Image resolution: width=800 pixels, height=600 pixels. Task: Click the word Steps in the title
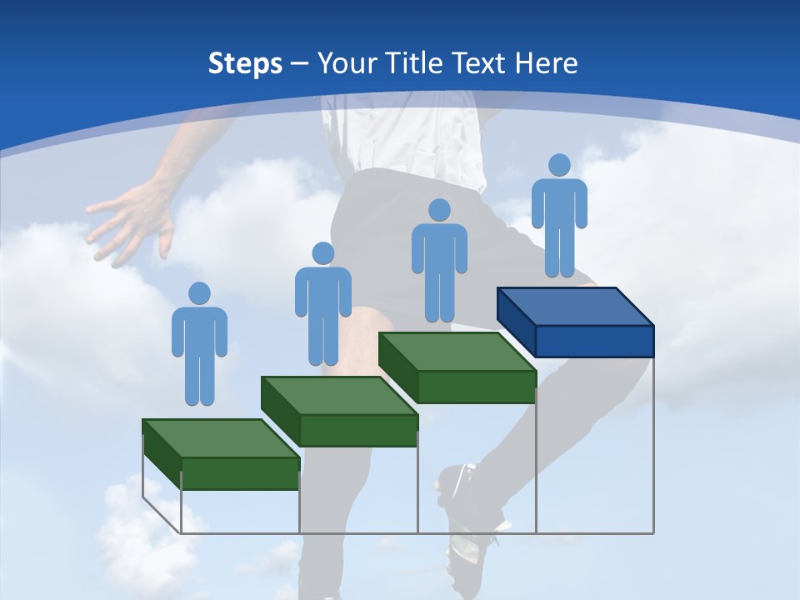pos(245,63)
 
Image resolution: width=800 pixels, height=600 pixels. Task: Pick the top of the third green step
pos(457,352)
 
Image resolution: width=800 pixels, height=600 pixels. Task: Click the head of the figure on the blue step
pos(559,165)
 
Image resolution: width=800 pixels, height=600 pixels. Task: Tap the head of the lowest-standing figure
pos(199,293)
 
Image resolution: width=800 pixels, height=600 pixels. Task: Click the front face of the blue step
pos(594,341)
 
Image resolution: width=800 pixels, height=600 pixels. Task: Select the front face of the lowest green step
pos(240,473)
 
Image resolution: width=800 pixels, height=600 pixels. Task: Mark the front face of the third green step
pos(476,387)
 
